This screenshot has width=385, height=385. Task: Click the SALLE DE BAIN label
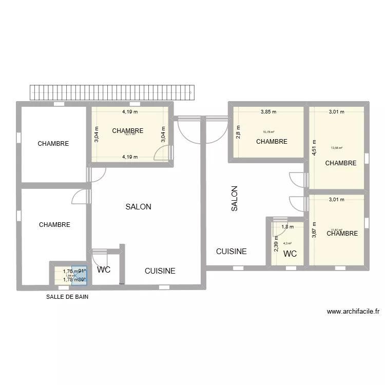67,297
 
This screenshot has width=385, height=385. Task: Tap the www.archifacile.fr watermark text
353,311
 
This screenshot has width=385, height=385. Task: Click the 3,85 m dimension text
268,111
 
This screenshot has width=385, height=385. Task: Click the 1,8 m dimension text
287,227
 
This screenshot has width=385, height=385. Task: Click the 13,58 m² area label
337,148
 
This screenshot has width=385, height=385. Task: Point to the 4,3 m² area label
287,243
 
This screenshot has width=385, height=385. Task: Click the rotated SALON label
234,199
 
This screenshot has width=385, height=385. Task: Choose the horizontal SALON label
138,207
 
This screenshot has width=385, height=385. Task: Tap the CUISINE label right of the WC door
160,271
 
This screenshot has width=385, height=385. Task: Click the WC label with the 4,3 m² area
290,254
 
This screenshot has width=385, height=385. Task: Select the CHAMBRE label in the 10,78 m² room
272,142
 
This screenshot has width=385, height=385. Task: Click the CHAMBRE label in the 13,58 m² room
341,163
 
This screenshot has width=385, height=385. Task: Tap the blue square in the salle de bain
80,276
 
